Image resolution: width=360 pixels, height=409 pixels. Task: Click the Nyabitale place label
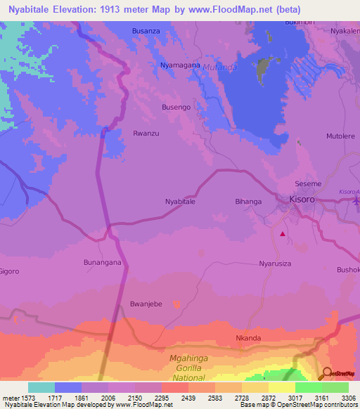[180, 202]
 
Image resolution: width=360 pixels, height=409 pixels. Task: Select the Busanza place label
[146, 32]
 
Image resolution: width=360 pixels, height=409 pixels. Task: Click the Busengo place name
[176, 107]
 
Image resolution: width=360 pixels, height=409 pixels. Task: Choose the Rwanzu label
[146, 133]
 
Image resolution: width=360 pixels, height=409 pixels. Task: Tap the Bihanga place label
[247, 202]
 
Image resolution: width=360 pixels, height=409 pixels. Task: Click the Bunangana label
[103, 262]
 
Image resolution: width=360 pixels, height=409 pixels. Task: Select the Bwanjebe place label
[146, 304]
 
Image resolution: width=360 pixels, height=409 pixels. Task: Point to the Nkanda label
[248, 338]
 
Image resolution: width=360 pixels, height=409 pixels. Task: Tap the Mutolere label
[340, 136]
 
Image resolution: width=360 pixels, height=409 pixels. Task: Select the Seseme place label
[308, 183]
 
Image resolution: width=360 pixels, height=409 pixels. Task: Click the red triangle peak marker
[283, 234]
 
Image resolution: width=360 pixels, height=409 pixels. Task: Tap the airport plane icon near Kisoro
[355, 201]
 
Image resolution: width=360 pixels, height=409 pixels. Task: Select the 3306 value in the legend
[349, 398]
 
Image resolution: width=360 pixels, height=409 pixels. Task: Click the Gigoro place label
[9, 271]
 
